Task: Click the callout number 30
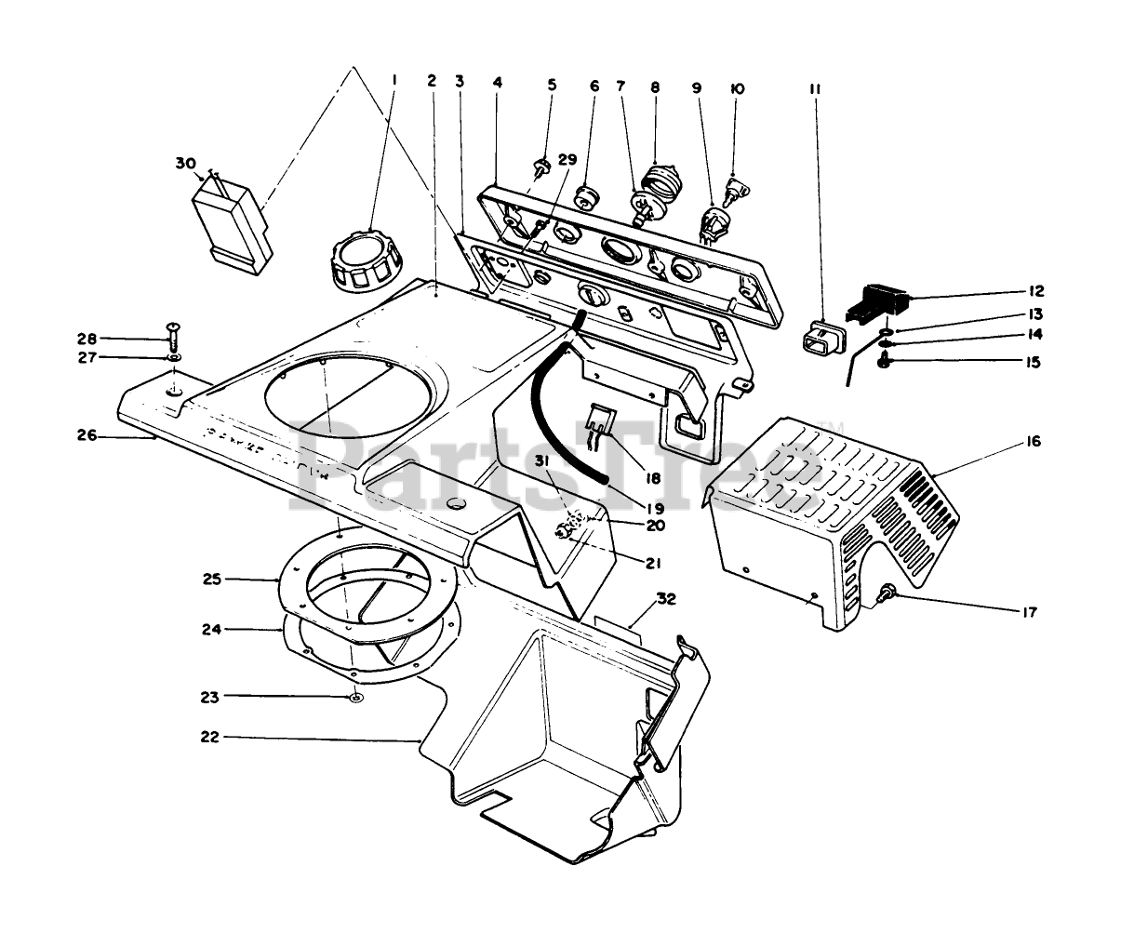click(185, 163)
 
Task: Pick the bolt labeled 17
click(887, 591)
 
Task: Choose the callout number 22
click(208, 737)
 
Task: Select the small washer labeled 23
click(357, 698)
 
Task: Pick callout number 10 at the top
click(737, 88)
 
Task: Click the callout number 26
click(87, 433)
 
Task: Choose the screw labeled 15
click(887, 361)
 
